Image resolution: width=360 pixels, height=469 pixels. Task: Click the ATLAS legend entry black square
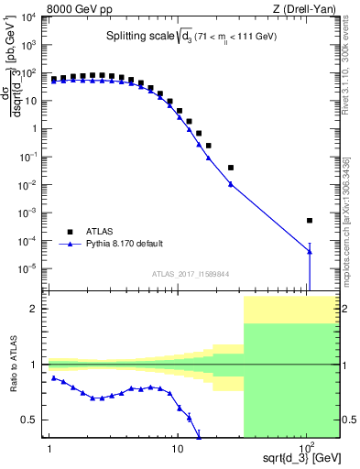66,232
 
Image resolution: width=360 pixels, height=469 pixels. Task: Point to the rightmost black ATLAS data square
310,220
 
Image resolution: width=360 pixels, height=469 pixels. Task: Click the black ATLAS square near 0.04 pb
231,168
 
